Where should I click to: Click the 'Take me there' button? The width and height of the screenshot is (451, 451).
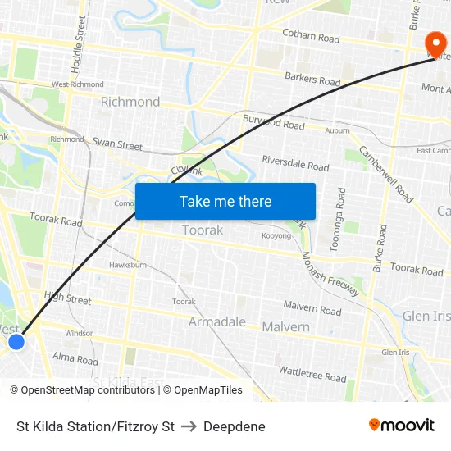[225, 201]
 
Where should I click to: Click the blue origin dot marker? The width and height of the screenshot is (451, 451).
[16, 341]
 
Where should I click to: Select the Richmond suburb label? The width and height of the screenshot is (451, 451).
[130, 102]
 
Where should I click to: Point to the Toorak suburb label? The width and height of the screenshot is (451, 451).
[202, 230]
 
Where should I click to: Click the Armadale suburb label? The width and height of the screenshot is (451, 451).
[216, 321]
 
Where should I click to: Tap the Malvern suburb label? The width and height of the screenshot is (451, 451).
[285, 326]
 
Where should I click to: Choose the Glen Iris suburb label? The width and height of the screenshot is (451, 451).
[426, 316]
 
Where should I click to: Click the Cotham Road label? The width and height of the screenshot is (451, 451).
[310, 38]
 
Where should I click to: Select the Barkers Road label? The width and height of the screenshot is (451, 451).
[312, 80]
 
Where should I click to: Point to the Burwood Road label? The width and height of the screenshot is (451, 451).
[273, 123]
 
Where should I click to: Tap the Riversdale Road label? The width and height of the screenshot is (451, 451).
[295, 162]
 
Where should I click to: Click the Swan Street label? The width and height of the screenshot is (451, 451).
[117, 144]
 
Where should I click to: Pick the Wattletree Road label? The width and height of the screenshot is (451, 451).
[312, 374]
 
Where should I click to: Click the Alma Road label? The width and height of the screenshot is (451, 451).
[75, 359]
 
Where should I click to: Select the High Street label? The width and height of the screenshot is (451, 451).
[67, 300]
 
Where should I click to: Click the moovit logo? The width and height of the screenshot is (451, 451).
[402, 425]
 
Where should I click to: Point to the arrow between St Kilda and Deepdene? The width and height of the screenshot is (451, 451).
[189, 426]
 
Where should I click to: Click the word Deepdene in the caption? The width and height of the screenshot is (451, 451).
[235, 426]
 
